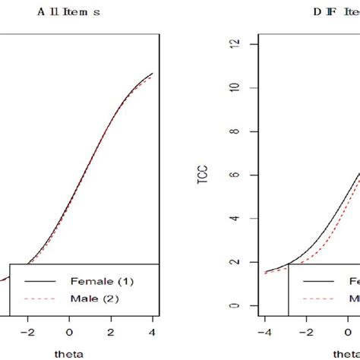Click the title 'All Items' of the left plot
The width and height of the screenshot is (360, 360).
(x=76, y=12)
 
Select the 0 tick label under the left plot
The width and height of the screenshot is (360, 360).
(x=69, y=332)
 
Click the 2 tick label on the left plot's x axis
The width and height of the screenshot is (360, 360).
(x=111, y=332)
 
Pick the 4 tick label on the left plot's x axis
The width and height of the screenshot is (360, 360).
(x=153, y=332)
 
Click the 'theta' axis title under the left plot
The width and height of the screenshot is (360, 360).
(x=69, y=353)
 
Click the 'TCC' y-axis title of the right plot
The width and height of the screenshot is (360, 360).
(x=203, y=174)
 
